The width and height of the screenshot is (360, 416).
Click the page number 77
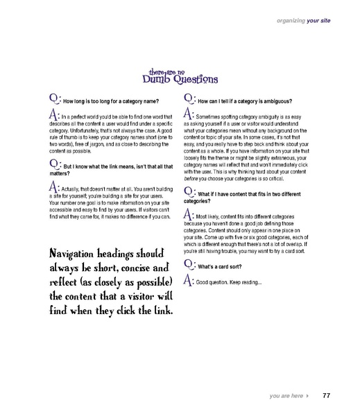click(325, 396)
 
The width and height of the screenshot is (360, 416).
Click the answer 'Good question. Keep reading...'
click(229, 282)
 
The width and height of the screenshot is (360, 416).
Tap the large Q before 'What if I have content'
click(188, 172)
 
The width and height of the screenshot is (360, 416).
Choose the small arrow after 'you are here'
click(307, 397)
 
